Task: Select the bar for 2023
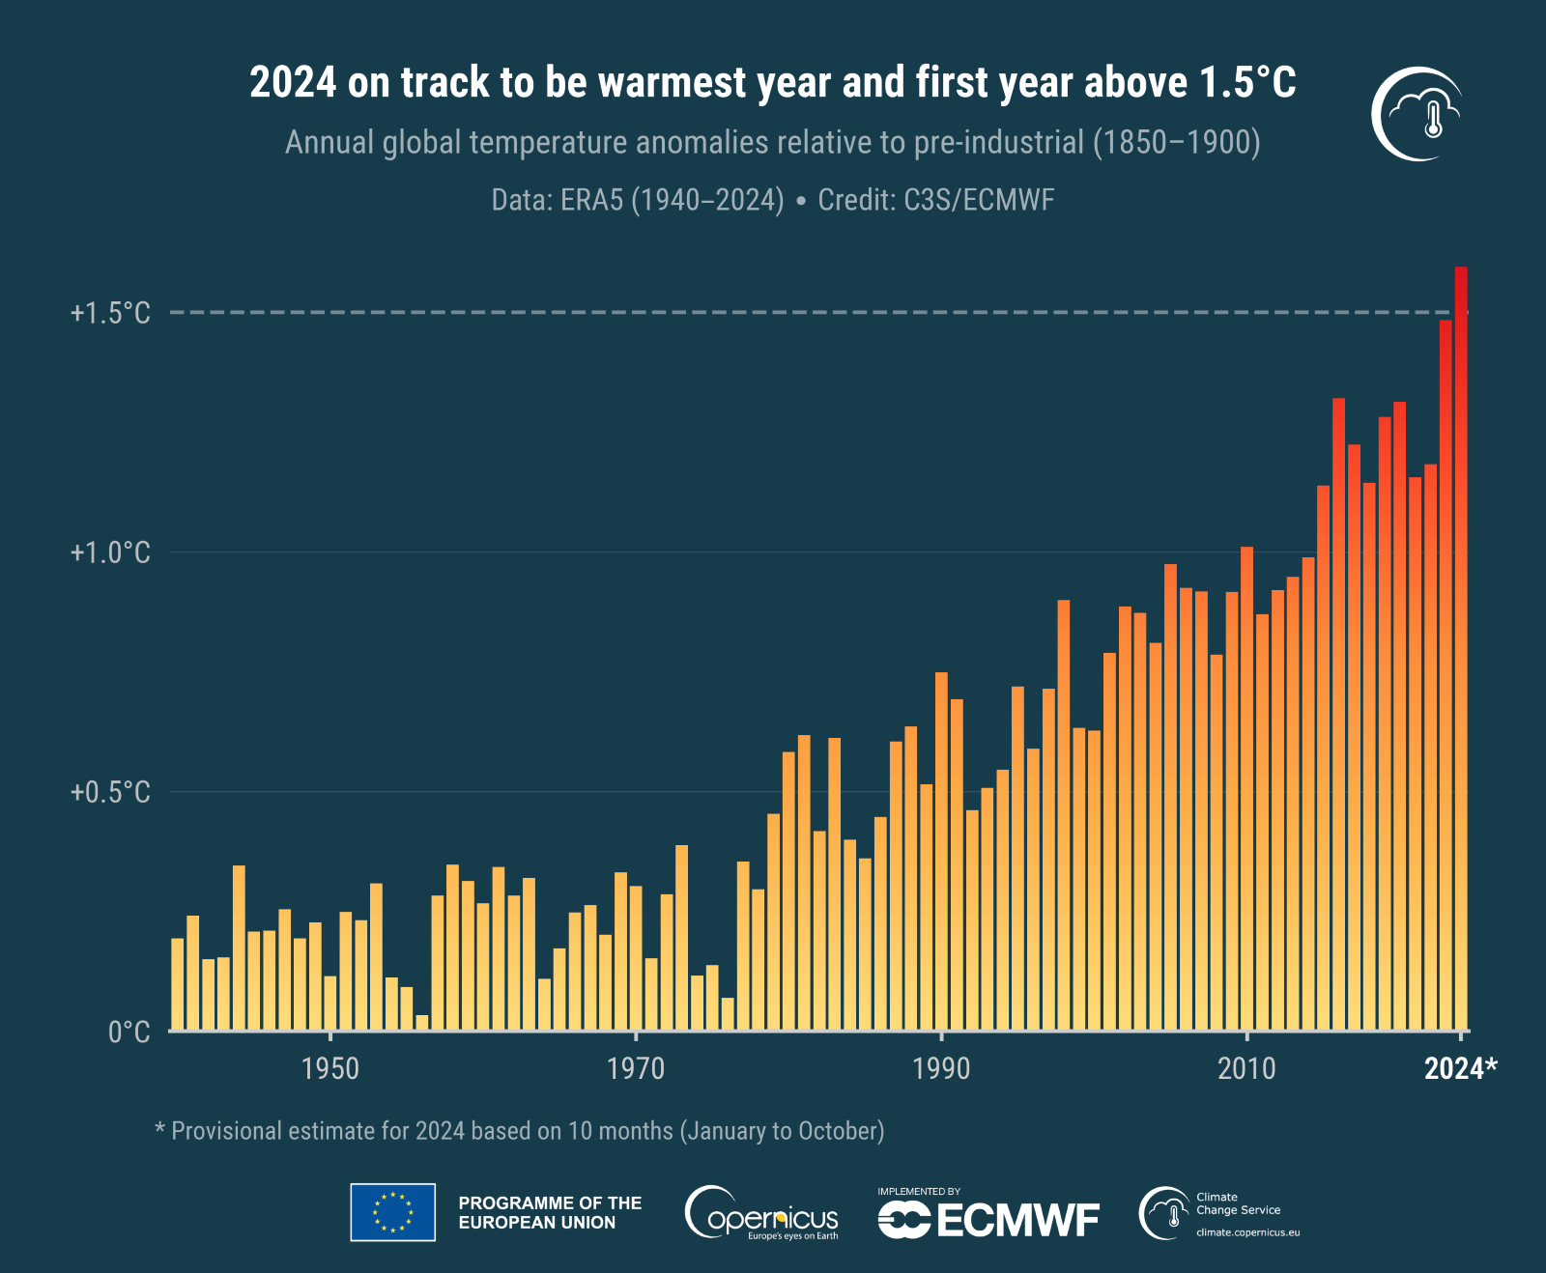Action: (1446, 676)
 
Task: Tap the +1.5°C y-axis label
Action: (110, 313)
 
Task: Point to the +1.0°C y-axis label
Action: (110, 552)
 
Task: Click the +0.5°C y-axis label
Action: (110, 792)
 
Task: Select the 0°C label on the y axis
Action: (129, 1032)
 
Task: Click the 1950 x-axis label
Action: (330, 1068)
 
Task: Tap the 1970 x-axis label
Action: (636, 1068)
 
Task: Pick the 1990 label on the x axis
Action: (941, 1068)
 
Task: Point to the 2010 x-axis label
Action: (1246, 1068)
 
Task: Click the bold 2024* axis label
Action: (1460, 1068)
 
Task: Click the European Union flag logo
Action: (392, 1212)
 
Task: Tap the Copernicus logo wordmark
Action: (763, 1215)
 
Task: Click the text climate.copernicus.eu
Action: (1247, 1232)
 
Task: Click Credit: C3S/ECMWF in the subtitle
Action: (935, 200)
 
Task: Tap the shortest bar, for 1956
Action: (422, 1023)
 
